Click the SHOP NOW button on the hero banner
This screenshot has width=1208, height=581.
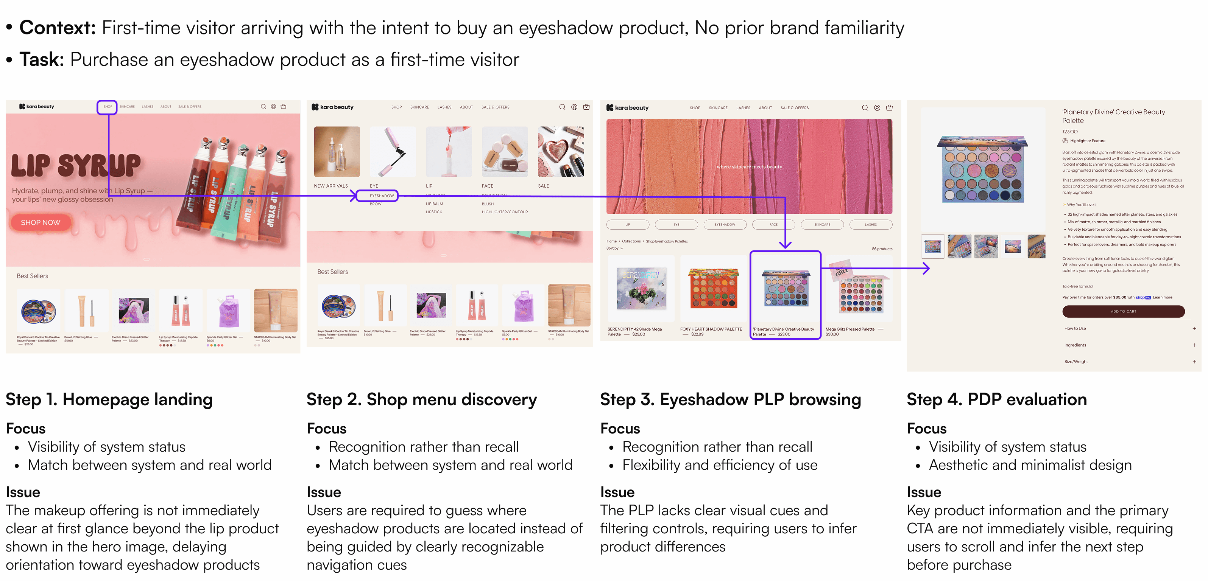(41, 222)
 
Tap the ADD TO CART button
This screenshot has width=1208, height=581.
(1123, 311)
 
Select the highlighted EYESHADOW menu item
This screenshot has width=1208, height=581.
(381, 196)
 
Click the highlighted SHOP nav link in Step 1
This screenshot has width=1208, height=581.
(108, 107)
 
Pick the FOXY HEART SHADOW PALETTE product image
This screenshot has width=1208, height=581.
(713, 288)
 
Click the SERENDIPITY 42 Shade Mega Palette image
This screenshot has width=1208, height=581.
(641, 288)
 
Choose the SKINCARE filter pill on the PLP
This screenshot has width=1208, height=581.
(821, 224)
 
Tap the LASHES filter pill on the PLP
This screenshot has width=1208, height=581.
(870, 224)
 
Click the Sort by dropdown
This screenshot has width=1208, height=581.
(614, 249)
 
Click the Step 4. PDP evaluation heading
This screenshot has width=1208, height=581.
(996, 399)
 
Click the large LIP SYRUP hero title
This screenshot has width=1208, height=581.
(76, 165)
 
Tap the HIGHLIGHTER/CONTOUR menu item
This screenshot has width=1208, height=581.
(505, 212)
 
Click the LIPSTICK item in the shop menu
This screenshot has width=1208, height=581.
(434, 212)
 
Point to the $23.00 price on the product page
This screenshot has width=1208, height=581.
(1070, 132)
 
